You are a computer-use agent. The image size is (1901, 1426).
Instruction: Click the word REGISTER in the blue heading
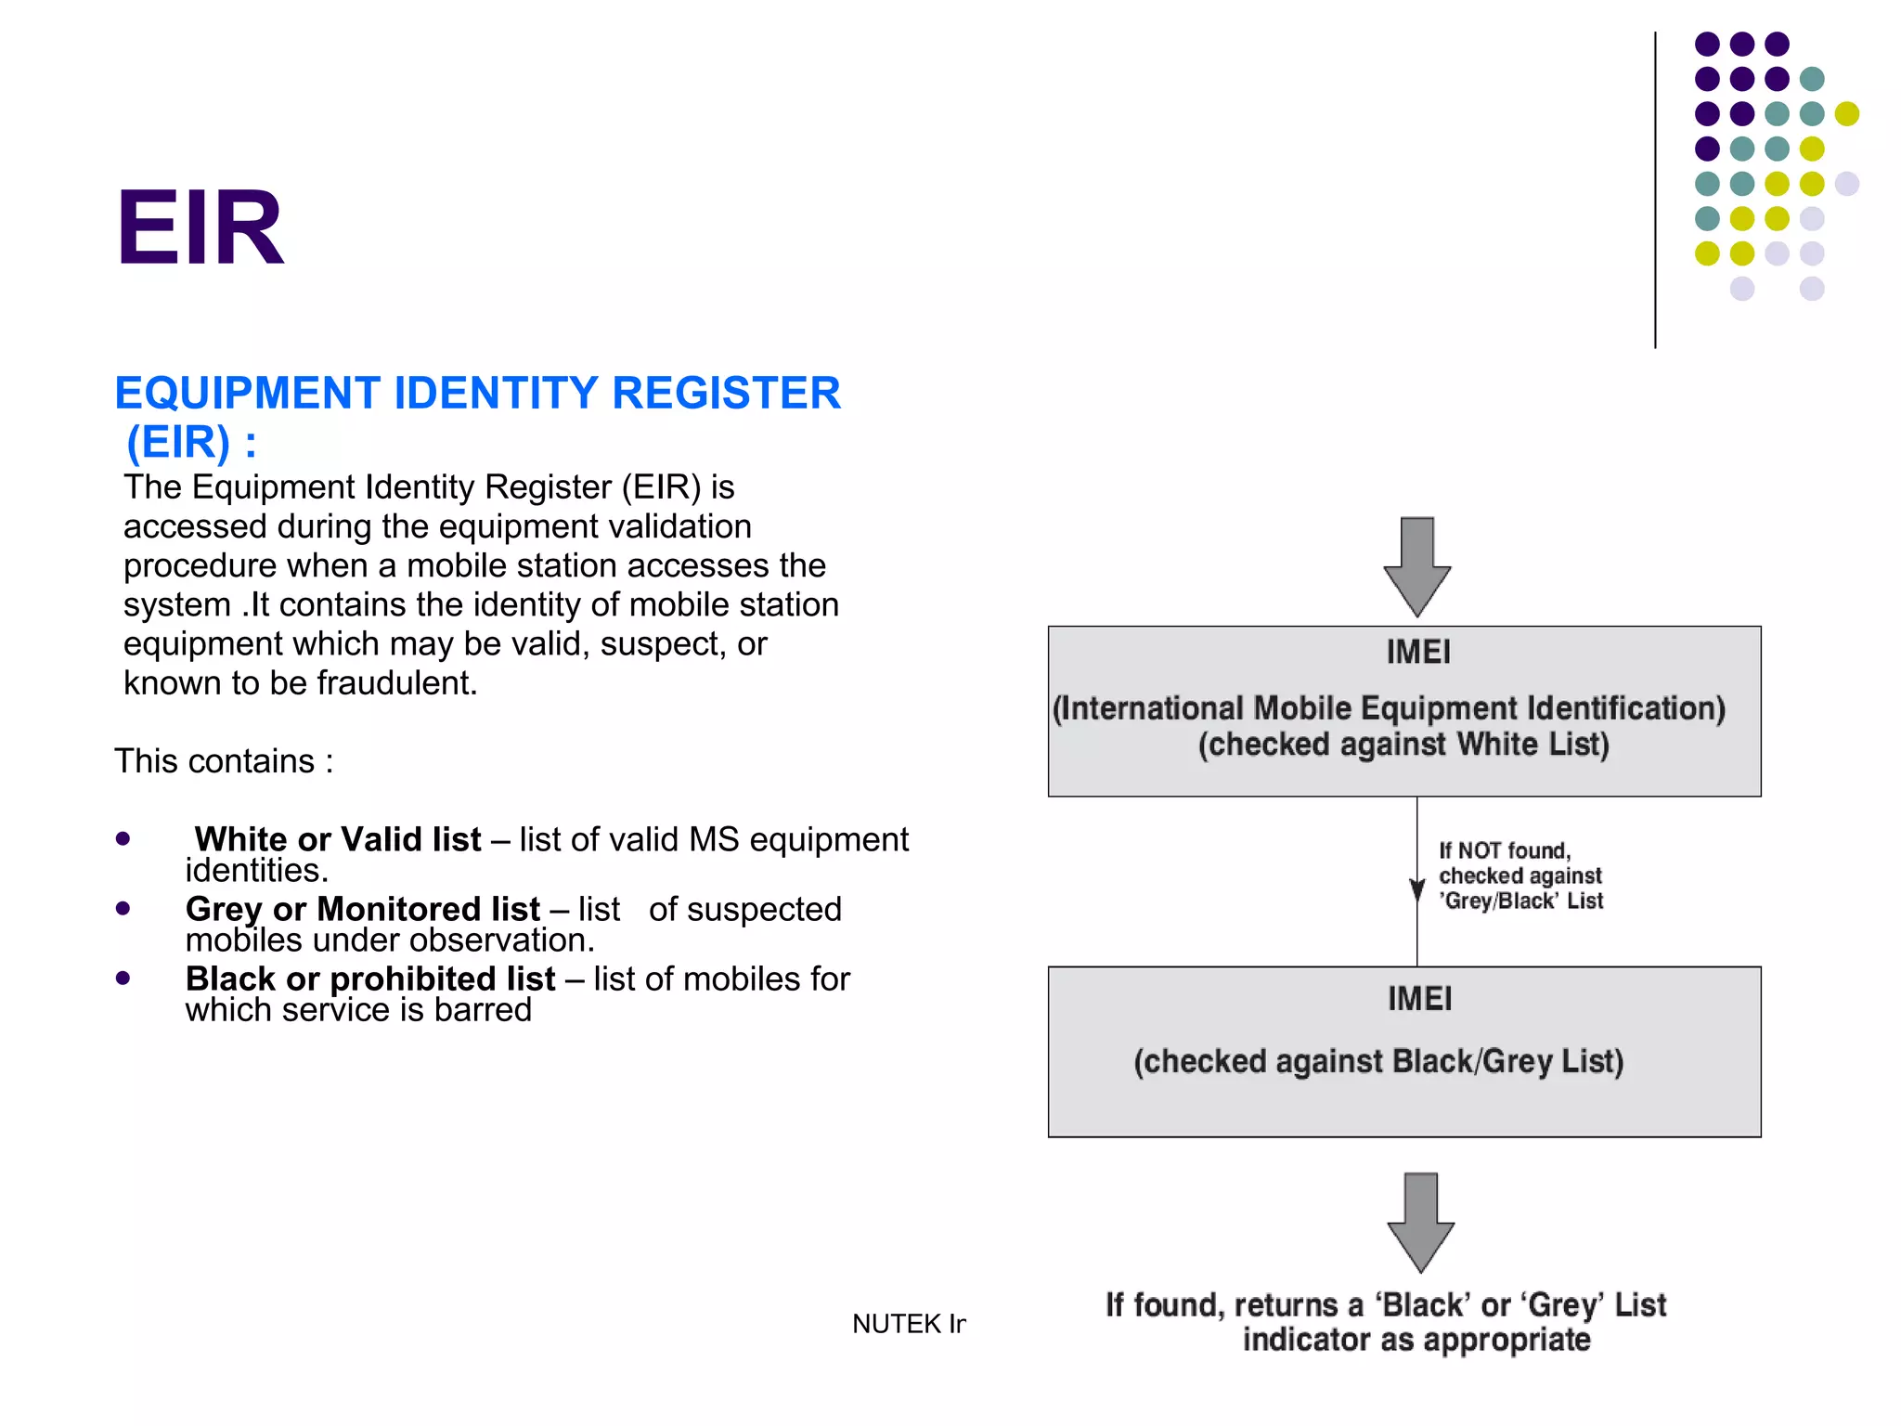(726, 393)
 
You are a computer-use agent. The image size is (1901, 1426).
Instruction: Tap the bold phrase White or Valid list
(338, 839)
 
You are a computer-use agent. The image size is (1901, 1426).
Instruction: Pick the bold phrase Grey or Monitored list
(362, 909)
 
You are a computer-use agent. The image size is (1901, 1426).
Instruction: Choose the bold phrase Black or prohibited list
(370, 979)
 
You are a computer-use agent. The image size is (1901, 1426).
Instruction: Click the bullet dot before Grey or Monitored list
(123, 908)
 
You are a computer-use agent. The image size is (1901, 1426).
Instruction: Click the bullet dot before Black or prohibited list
(123, 978)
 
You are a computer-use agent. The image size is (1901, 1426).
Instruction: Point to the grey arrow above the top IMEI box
(1416, 566)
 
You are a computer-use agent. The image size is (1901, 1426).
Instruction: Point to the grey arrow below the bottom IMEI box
(1420, 1222)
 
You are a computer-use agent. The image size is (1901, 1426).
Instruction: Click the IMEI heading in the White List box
(1417, 653)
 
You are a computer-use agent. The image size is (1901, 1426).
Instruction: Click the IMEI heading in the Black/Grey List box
(1419, 999)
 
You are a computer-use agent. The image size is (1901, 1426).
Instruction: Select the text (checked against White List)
(1403, 745)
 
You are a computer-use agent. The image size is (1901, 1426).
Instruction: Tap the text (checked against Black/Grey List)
(1378, 1061)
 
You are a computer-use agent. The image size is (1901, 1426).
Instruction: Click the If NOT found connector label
(1520, 875)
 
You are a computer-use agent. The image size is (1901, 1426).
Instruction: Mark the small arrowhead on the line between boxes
(1416, 889)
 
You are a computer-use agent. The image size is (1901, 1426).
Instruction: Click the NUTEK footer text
(908, 1324)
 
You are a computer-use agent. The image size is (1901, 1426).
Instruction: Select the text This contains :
(224, 761)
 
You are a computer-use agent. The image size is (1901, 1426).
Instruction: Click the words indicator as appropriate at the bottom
(1416, 1340)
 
